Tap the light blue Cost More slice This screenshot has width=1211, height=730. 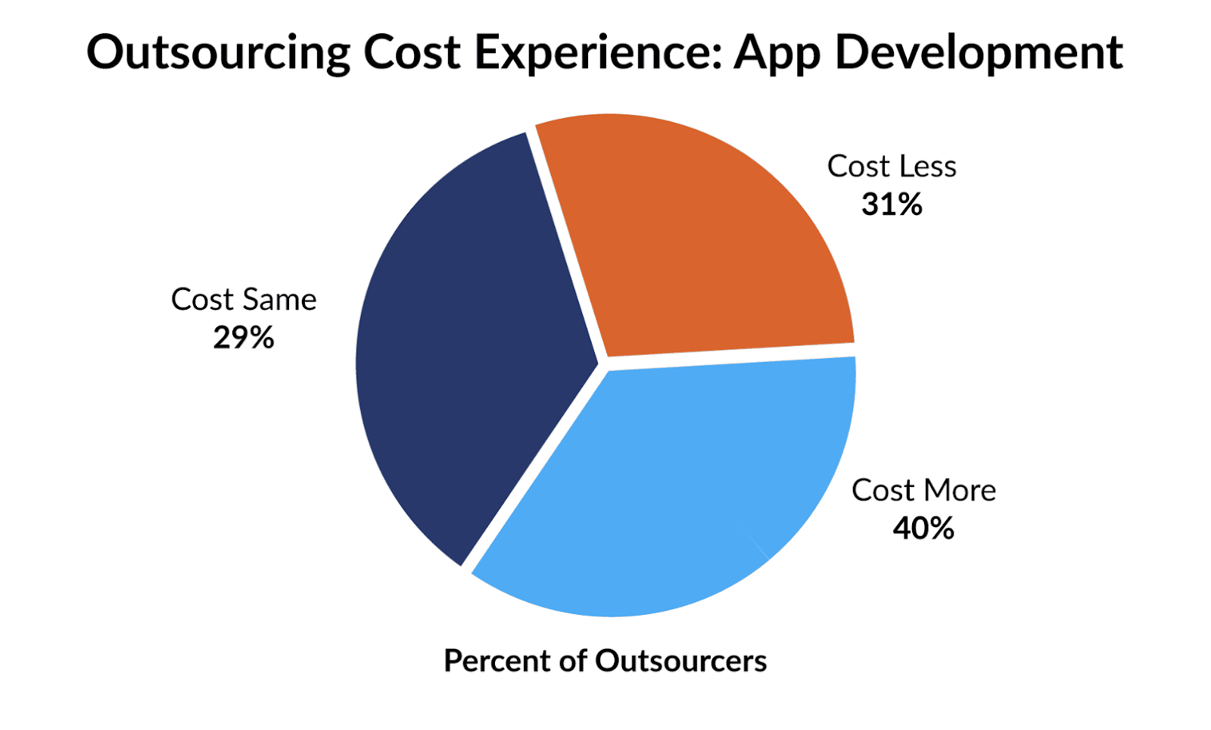pos(666,485)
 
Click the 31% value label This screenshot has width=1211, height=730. pos(892,204)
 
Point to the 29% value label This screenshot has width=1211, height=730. pos(243,338)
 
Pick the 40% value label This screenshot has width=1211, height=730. pos(923,529)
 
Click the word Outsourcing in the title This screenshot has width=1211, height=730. pos(218,53)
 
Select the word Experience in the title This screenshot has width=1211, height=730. pos(598,53)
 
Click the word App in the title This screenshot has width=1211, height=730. pos(777,53)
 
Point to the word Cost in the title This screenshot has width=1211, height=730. pos(412,53)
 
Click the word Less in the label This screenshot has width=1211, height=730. pos(927,167)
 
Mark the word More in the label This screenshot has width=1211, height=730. pos(960,491)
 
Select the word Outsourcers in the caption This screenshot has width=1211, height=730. pos(680,661)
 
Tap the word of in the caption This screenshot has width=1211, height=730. pos(573,661)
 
